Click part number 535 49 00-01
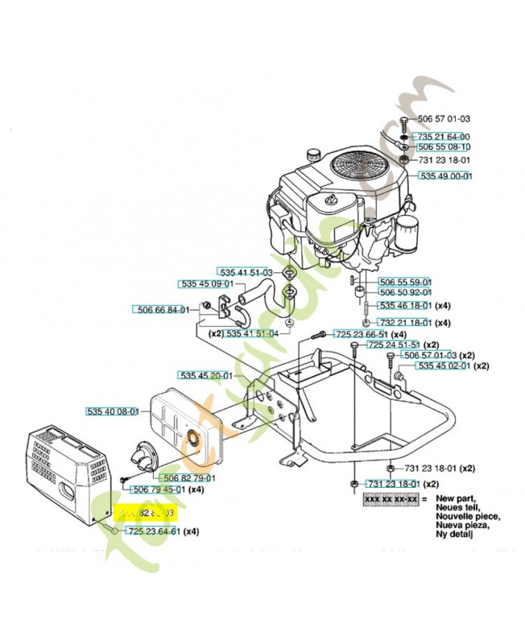point(445,175)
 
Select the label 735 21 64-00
point(443,137)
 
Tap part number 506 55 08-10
point(444,148)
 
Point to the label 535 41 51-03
point(246,273)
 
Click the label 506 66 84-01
point(160,309)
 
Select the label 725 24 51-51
point(395,345)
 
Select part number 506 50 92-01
point(405,292)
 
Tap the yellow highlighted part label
point(146,513)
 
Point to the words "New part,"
point(456,500)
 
